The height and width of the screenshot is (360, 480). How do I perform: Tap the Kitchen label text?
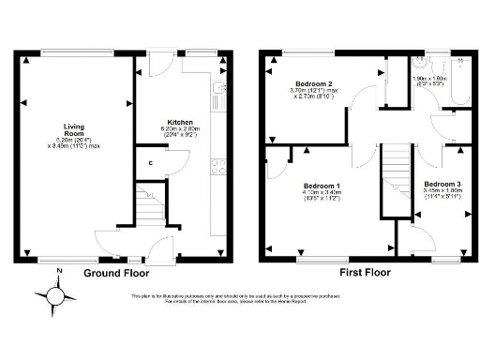[x=180, y=123]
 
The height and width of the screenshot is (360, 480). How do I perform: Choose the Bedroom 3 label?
[x=441, y=184]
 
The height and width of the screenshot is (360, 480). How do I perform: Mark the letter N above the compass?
[x=57, y=273]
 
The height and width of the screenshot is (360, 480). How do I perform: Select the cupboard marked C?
[x=150, y=164]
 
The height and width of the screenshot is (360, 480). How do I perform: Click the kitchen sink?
[x=217, y=93]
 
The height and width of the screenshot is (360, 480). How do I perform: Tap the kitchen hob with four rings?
[x=217, y=168]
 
